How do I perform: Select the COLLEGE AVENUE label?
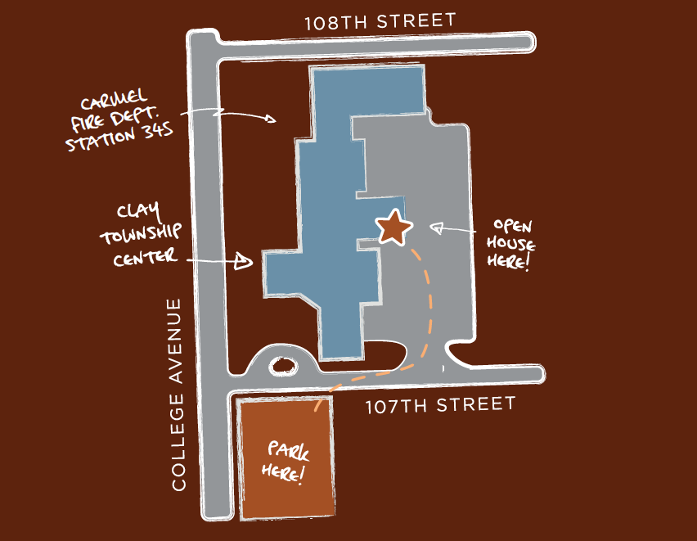pyautogui.click(x=178, y=394)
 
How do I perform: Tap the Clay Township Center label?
pyautogui.click(x=140, y=236)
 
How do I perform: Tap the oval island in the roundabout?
pyautogui.click(x=283, y=367)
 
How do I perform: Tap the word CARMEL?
pyautogui.click(x=114, y=101)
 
